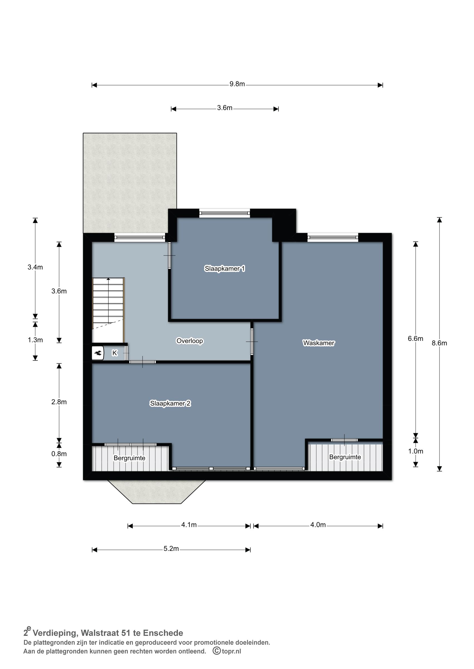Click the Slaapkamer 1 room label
click(x=224, y=268)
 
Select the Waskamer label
click(x=318, y=343)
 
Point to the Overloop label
click(x=189, y=341)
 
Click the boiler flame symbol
click(x=98, y=353)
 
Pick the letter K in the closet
click(x=115, y=353)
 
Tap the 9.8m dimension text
click(x=237, y=84)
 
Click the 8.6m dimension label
click(x=439, y=343)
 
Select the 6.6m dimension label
click(x=415, y=338)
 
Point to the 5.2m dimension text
click(x=171, y=549)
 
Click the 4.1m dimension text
click(x=189, y=525)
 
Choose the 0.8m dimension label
click(x=59, y=454)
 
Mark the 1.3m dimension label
click(x=35, y=340)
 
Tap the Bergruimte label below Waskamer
click(x=345, y=457)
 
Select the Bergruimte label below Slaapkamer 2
click(x=129, y=458)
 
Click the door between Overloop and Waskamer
click(x=252, y=342)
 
